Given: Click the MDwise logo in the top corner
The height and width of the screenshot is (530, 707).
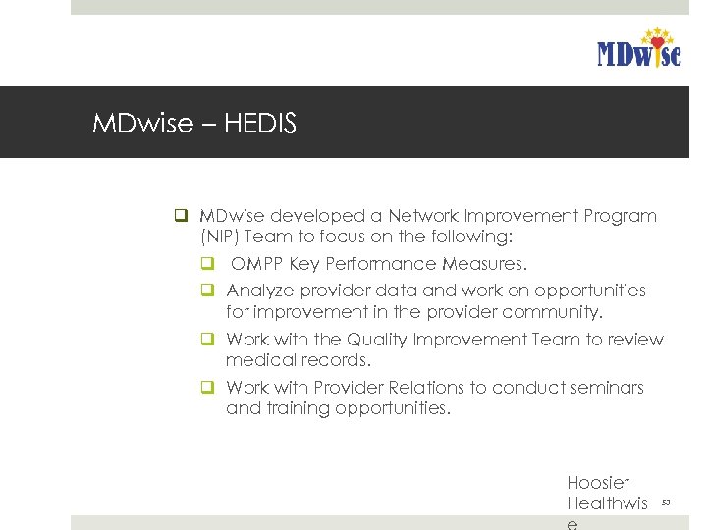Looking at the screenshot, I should pos(638,48).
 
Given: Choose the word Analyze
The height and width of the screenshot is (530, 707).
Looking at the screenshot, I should pos(259,291).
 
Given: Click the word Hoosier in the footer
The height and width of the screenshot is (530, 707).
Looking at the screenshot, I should pos(598,483).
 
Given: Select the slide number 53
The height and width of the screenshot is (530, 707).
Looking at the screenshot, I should pos(666,503).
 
